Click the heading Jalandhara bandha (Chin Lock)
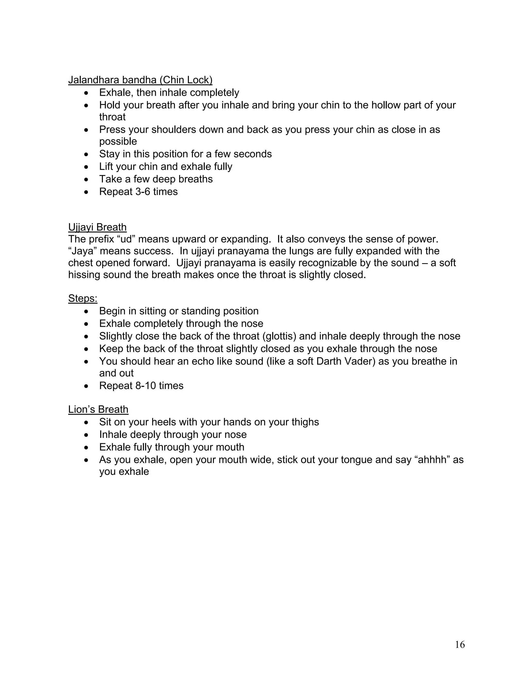pyautogui.click(x=140, y=80)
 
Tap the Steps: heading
pyautogui.click(x=83, y=298)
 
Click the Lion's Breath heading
pyautogui.click(x=98, y=409)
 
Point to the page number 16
pyautogui.click(x=460, y=645)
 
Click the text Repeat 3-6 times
pyautogui.click(x=138, y=191)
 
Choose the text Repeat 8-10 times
pyautogui.click(x=141, y=386)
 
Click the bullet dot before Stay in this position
pyautogui.click(x=86, y=155)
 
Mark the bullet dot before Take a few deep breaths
pyautogui.click(x=86, y=180)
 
